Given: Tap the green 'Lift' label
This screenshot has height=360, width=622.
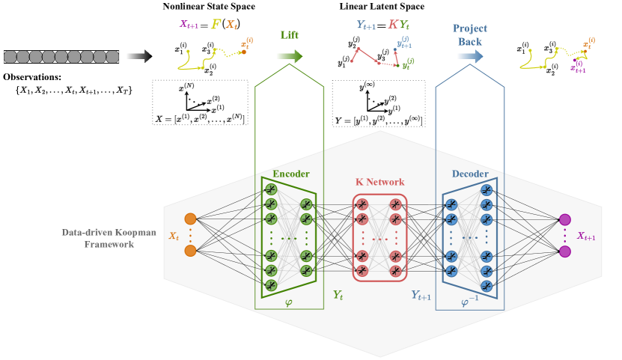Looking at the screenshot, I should [x=290, y=35].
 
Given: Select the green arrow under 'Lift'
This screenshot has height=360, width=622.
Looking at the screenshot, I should [x=290, y=55].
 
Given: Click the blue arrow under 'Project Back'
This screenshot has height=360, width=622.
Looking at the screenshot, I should [x=469, y=55].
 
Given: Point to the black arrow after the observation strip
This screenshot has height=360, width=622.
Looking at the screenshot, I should [x=140, y=55].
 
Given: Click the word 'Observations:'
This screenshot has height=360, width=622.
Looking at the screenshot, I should [x=33, y=77].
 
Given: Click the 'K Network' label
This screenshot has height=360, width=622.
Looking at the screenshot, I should [x=379, y=182].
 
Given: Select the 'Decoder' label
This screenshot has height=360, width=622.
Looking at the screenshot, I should [x=469, y=174].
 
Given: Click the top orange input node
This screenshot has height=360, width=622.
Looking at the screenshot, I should [x=190, y=219].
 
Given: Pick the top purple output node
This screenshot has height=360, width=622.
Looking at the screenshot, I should [x=565, y=219].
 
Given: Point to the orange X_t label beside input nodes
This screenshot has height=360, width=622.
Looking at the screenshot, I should [x=174, y=235].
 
